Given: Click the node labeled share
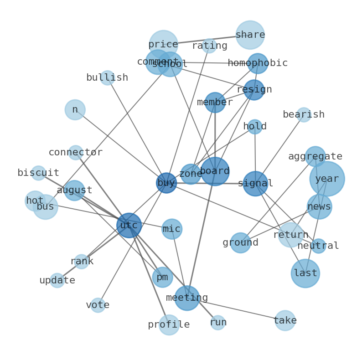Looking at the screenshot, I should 250,35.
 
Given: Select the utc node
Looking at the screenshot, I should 129,225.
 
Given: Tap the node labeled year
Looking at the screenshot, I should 327,179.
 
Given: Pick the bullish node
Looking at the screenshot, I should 107,78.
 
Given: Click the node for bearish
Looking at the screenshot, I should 304,115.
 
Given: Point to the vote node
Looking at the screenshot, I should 98,305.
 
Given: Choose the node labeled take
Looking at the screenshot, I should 285,320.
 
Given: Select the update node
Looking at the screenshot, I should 57,280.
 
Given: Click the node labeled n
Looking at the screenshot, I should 75,110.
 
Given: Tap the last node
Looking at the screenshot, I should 305,273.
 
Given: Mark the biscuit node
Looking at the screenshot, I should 38,173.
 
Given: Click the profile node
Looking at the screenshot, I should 169,325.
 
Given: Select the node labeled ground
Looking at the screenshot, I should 240,243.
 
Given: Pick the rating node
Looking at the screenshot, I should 209,46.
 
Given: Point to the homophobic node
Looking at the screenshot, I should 258,63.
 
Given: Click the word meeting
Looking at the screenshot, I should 187,298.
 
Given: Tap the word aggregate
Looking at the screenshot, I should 315,157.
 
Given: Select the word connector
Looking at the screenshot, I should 76,153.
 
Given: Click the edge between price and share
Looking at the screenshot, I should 207,40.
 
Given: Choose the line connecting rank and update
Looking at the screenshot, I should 69,271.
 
